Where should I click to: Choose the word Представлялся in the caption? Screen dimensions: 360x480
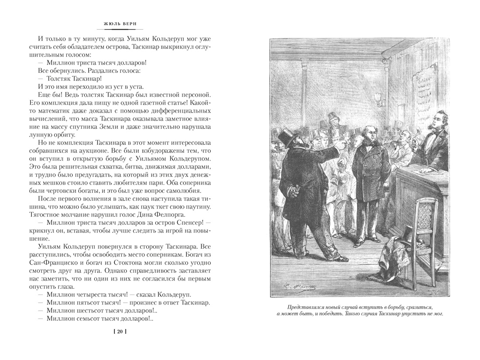tap(298, 307)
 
